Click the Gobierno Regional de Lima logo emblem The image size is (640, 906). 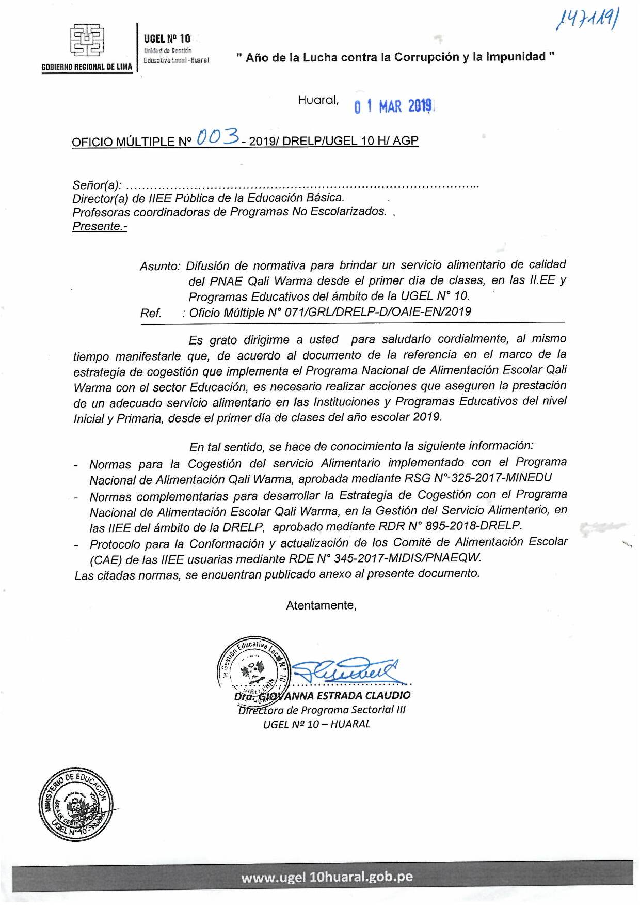pyautogui.click(x=87, y=40)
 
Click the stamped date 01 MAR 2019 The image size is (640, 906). pyautogui.click(x=393, y=106)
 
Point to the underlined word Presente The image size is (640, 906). pyautogui.click(x=99, y=226)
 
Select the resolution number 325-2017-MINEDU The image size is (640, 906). pyautogui.click(x=501, y=478)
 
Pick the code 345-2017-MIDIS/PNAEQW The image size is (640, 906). pyautogui.click(x=407, y=558)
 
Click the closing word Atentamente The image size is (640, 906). pyautogui.click(x=321, y=605)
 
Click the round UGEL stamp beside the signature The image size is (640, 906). pyautogui.click(x=253, y=669)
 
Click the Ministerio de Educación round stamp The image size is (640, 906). pyautogui.click(x=76, y=804)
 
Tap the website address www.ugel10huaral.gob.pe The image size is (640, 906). pyautogui.click(x=327, y=877)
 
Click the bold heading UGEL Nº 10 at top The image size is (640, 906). pyautogui.click(x=167, y=39)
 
